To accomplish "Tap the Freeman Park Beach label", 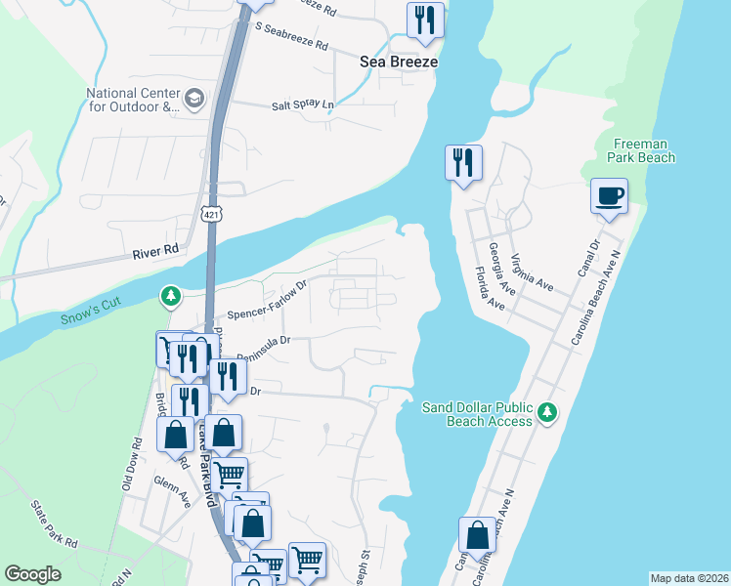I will coord(640,150).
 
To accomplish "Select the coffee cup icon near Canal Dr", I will coord(609,195).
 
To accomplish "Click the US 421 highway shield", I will coord(210,213).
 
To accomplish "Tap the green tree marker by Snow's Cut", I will coord(171,295).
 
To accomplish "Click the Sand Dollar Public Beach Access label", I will coord(477,414).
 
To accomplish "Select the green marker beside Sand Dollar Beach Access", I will coord(549,413).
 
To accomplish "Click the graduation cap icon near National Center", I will coord(194,98).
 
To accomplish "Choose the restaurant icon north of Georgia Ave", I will coord(463,162).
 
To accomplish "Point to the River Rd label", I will coord(156,250).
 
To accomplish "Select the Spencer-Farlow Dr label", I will coord(267,301).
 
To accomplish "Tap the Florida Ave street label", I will coord(489,289).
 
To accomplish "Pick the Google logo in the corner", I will coord(33,574).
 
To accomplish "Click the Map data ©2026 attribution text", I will coord(688,578).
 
